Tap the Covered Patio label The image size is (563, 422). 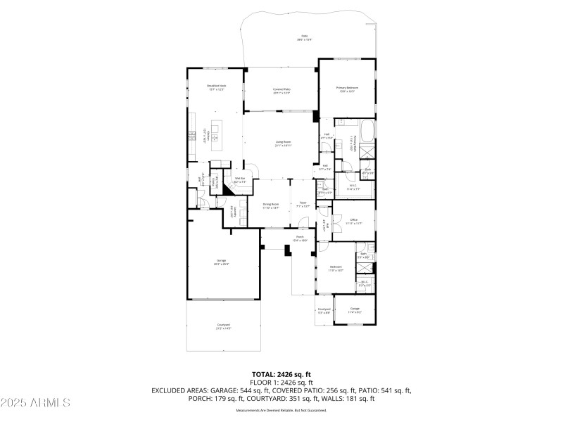click(x=282, y=91)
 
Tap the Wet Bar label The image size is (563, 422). click(x=239, y=181)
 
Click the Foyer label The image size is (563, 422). click(x=303, y=205)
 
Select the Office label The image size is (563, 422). click(x=354, y=221)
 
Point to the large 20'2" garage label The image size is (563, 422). click(x=222, y=262)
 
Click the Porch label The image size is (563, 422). click(x=300, y=238)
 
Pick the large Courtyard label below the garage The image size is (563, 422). click(x=222, y=326)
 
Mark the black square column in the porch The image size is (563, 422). click(x=288, y=250)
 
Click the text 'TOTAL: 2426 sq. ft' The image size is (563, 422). click(x=281, y=374)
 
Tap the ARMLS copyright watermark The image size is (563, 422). click(x=35, y=403)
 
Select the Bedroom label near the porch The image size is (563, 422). click(x=336, y=268)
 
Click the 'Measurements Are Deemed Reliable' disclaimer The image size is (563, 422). click(x=281, y=409)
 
